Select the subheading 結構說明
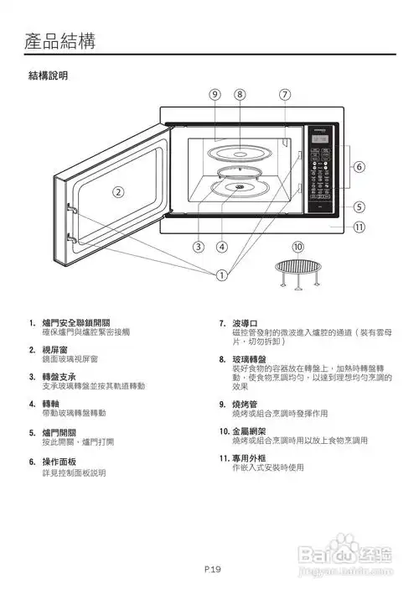click(x=48, y=76)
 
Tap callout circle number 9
click(x=216, y=94)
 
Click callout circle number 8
click(x=240, y=94)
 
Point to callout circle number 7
click(x=285, y=94)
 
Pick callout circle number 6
click(x=359, y=167)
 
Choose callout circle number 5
click(x=359, y=206)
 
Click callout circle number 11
click(x=359, y=227)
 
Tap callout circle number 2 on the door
click(x=119, y=191)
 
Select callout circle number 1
click(x=222, y=274)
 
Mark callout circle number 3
click(x=199, y=247)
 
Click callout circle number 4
click(x=221, y=247)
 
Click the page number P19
click(x=212, y=570)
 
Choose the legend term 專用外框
click(x=248, y=458)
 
